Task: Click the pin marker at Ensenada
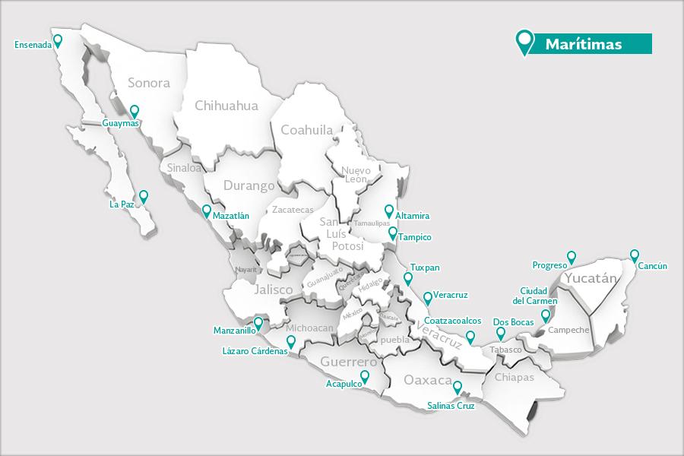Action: click(x=57, y=41)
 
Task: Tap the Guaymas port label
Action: click(x=120, y=122)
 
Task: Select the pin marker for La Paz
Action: click(x=143, y=196)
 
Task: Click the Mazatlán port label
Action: click(x=231, y=216)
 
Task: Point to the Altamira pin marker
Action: click(x=389, y=211)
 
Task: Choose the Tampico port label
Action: click(x=414, y=238)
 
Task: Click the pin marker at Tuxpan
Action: click(x=408, y=279)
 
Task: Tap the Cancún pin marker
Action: click(x=635, y=255)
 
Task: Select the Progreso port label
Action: click(x=549, y=266)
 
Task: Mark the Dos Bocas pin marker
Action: click(x=500, y=333)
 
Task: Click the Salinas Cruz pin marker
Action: click(x=457, y=388)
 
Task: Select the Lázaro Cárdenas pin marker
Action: click(x=291, y=341)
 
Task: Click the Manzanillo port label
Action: click(x=235, y=331)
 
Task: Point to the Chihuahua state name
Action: click(x=226, y=106)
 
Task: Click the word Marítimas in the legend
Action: click(x=583, y=45)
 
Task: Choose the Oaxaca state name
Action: click(x=428, y=379)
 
